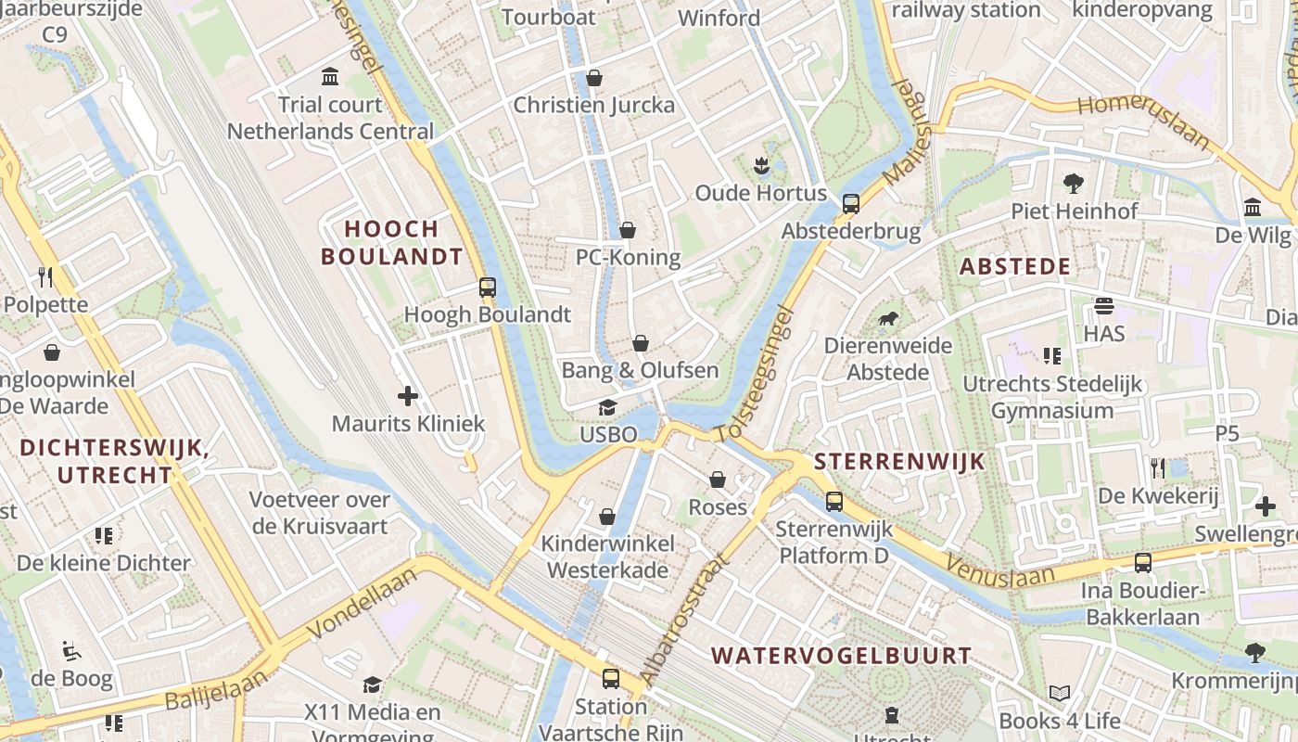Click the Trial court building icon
tap(330, 76)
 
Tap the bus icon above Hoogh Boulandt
tap(488, 288)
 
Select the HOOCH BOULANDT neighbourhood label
tap(391, 242)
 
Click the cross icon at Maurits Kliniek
tap(408, 397)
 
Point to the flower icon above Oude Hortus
tap(761, 166)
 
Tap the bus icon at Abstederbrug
tap(851, 204)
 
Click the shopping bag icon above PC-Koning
tap(628, 230)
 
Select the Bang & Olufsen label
tap(640, 370)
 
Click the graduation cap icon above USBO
tap(607, 407)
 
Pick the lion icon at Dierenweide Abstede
tap(888, 320)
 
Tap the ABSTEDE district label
tap(1015, 267)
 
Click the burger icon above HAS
tap(1103, 306)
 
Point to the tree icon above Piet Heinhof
tap(1074, 183)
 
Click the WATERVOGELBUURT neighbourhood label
tap(841, 656)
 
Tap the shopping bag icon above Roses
tap(718, 480)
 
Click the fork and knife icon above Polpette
tap(45, 276)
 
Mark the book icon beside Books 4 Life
tap(1060, 693)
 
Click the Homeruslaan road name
tap(1144, 120)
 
